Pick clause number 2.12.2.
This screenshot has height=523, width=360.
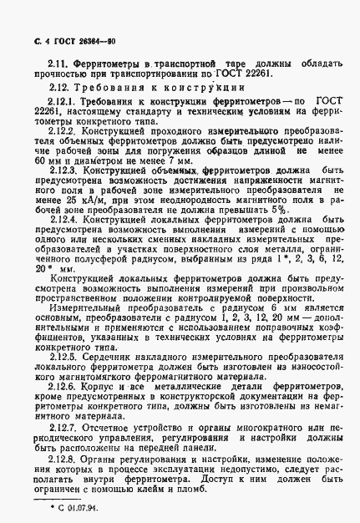click(x=63, y=131)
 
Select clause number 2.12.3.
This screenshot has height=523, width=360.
click(x=63, y=170)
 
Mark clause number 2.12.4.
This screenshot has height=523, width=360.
click(x=63, y=220)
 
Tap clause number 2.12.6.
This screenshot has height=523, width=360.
click(x=63, y=388)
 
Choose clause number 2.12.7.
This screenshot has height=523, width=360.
click(x=63, y=426)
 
